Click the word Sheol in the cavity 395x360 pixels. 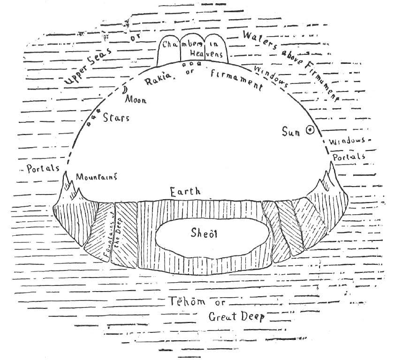[204, 233]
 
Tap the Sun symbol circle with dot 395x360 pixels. [310, 130]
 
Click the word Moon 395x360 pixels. [136, 99]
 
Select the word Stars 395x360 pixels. [116, 118]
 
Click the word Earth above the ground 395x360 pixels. [185, 192]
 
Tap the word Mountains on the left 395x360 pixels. [97, 176]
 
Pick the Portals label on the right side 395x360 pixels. [349, 157]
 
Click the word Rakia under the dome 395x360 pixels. [158, 79]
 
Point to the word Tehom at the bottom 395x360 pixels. [187, 301]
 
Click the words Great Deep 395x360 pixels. [236, 316]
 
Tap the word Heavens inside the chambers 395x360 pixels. [206, 53]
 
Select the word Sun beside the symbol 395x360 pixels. [291, 132]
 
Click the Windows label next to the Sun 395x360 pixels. [347, 141]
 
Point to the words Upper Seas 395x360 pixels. [88, 66]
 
